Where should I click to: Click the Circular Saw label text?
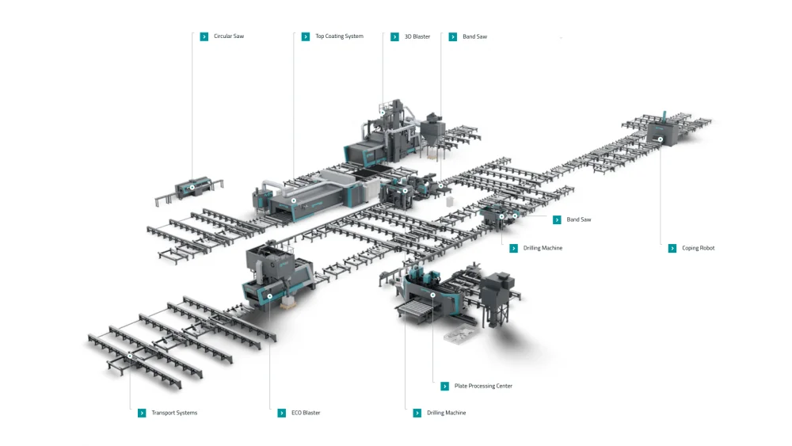point(228,36)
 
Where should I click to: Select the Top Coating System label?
point(339,36)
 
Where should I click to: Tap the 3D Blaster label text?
point(417,36)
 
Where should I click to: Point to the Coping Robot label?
point(698,248)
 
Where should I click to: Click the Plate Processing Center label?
point(483,386)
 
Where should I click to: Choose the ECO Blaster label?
point(306,413)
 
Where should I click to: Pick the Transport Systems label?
point(174,413)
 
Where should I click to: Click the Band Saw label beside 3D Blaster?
point(474,36)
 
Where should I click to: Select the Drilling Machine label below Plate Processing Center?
point(446,413)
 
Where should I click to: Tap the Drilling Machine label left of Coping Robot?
point(543,248)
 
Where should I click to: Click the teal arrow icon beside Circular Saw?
point(204,36)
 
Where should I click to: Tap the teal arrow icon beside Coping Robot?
point(672,248)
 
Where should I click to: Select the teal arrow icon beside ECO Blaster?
point(282,413)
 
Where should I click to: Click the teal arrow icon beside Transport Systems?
point(142,413)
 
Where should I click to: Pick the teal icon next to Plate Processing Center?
point(445,386)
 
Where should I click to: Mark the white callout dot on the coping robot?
point(660,139)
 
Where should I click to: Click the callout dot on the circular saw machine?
point(192,188)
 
